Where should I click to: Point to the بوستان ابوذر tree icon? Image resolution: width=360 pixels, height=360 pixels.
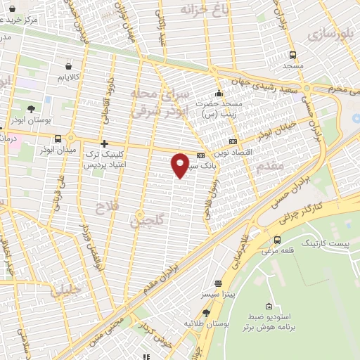[31, 109]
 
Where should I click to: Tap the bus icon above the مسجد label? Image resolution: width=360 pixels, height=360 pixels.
[292, 55]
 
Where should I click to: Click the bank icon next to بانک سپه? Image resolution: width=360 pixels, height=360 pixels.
[201, 155]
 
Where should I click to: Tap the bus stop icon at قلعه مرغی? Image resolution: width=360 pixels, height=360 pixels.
[277, 239]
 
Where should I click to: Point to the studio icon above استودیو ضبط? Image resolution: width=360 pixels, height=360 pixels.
[269, 306]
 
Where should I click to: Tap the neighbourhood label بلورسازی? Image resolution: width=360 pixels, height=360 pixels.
[331, 33]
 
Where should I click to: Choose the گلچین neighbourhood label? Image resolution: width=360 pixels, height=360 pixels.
[146, 221]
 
